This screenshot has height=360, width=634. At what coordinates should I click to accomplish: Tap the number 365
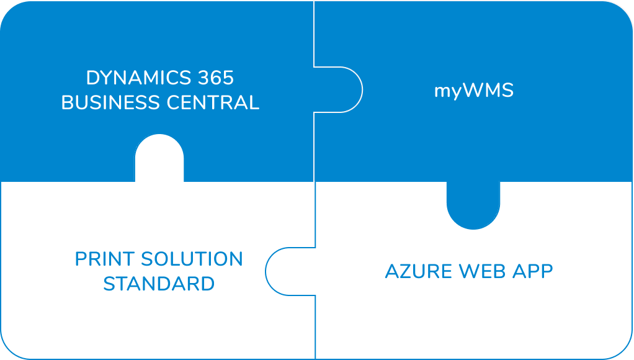(x=216, y=78)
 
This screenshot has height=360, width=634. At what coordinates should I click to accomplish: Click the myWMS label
(x=474, y=91)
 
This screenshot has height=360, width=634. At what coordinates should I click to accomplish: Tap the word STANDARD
(x=159, y=284)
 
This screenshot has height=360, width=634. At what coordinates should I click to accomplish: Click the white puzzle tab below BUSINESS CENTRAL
(x=159, y=158)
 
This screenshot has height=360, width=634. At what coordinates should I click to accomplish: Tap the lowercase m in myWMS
(x=442, y=91)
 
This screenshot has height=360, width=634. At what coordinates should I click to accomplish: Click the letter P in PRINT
(x=81, y=259)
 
